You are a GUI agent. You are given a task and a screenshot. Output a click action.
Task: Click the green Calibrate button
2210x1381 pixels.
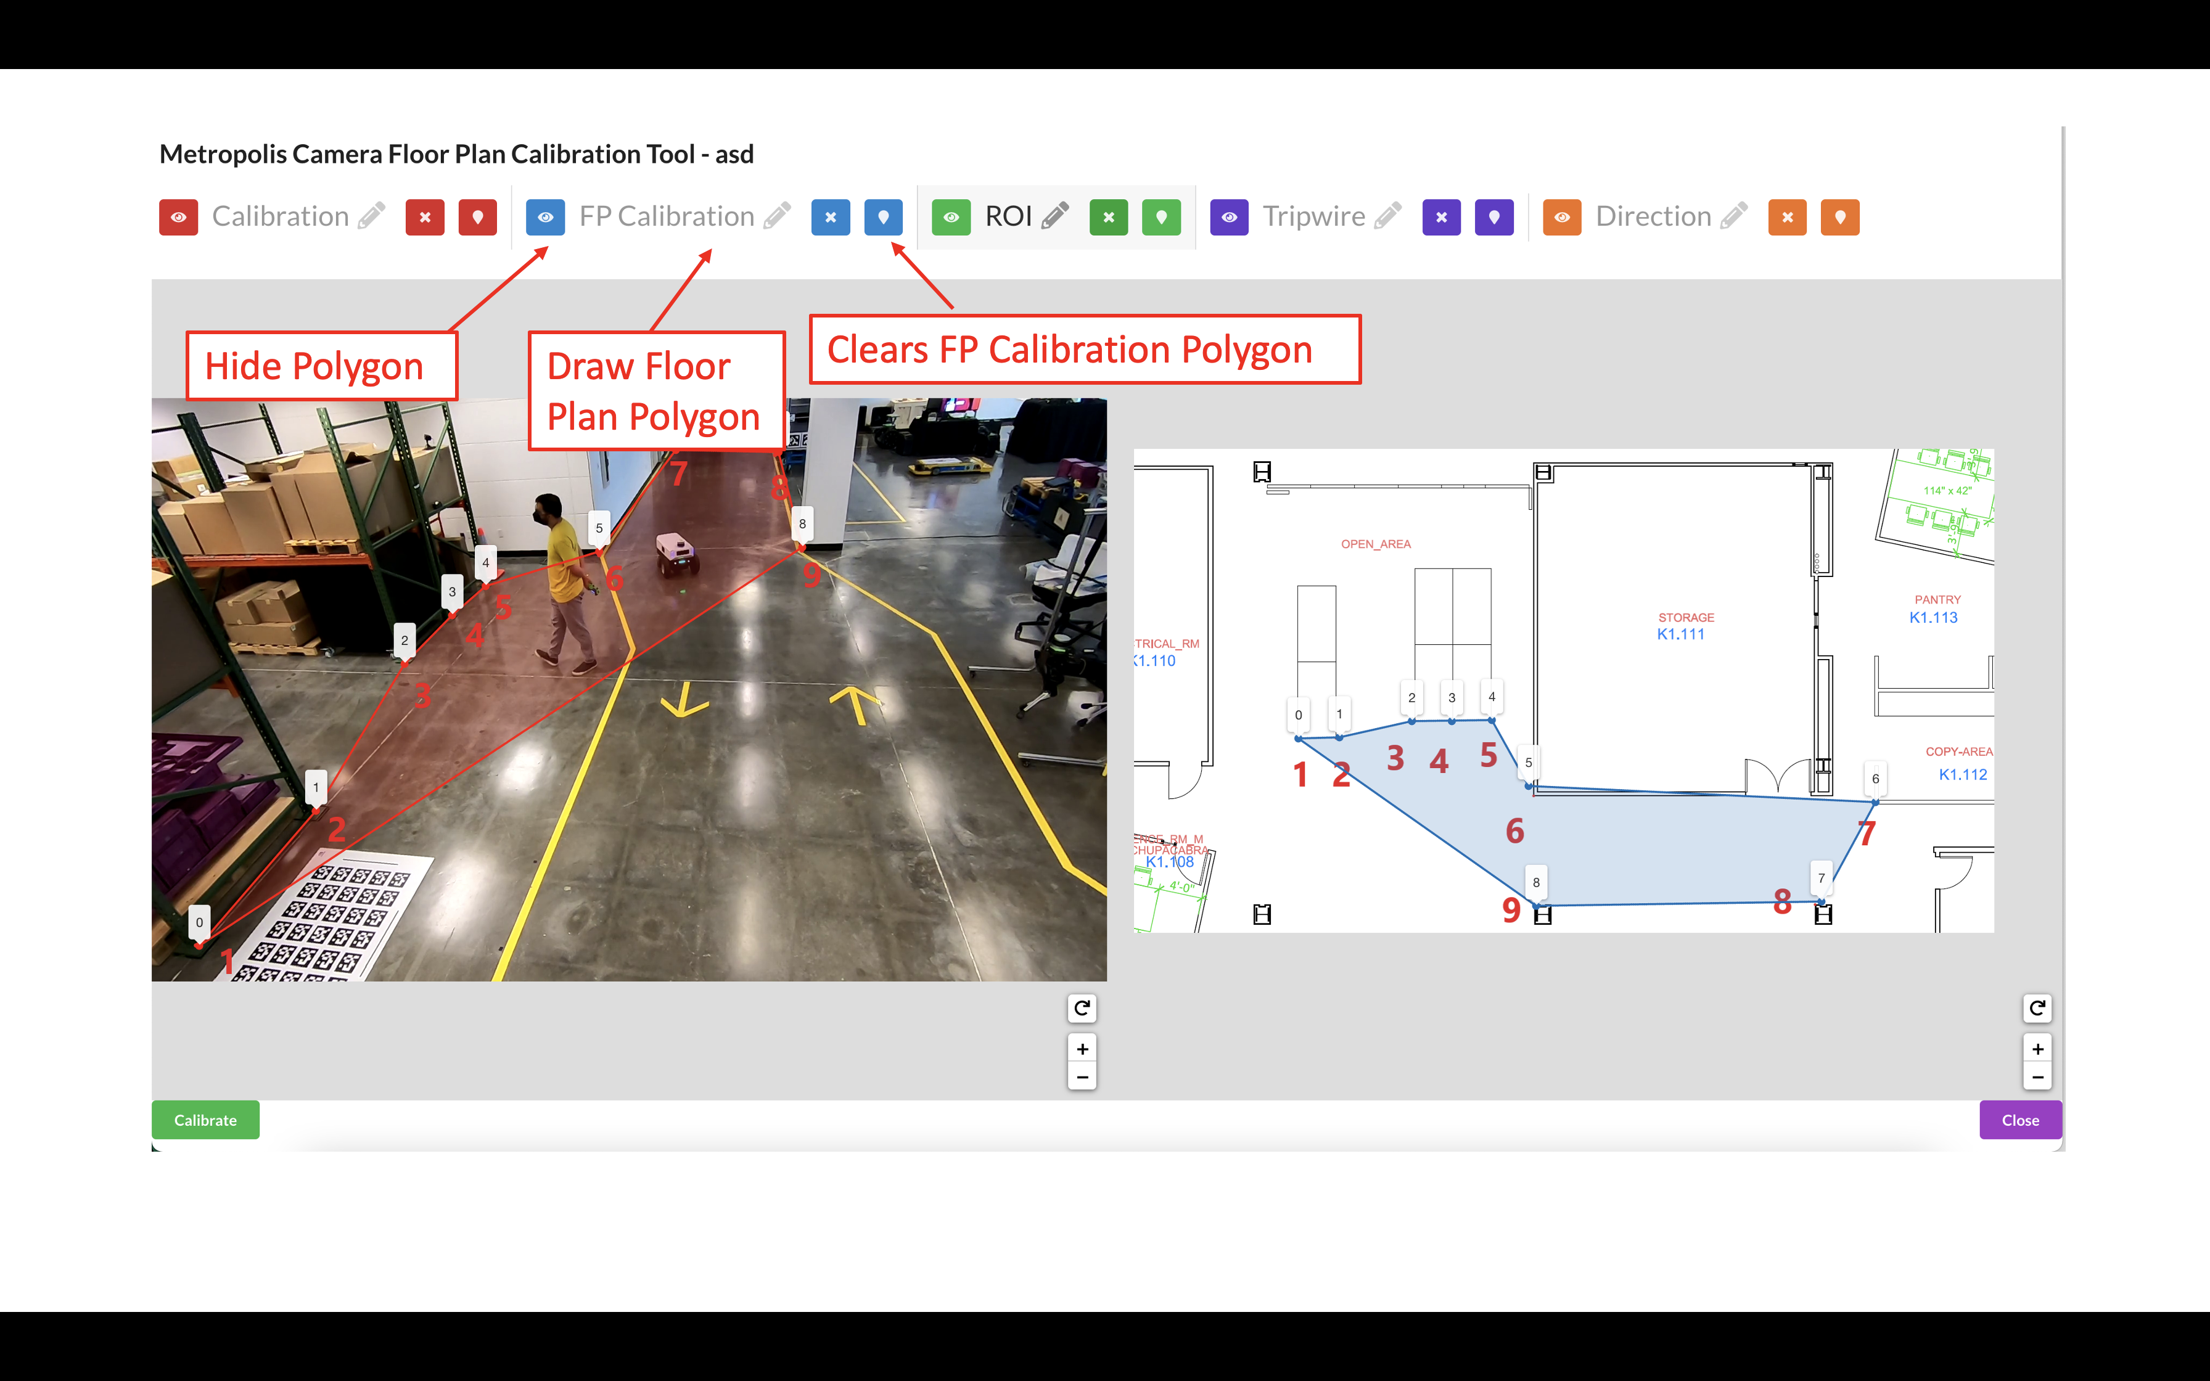click(205, 1120)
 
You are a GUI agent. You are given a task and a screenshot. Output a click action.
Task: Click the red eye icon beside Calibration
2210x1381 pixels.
click(178, 218)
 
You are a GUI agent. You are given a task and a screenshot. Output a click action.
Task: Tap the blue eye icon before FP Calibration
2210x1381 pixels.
click(545, 218)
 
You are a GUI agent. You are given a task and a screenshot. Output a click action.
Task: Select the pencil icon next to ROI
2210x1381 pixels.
click(1055, 216)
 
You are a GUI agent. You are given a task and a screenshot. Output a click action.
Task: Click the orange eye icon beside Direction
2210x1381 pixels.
click(1561, 218)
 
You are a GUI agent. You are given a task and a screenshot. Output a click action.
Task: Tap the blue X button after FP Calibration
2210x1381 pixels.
click(830, 218)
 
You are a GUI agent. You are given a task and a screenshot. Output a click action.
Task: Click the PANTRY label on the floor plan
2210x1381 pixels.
click(1937, 600)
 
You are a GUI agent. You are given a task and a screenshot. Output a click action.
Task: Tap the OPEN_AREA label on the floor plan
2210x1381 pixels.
click(1375, 544)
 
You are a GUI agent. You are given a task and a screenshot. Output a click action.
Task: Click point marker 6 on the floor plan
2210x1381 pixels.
click(1875, 779)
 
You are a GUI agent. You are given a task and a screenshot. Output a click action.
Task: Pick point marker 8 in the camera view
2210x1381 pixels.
click(802, 524)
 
